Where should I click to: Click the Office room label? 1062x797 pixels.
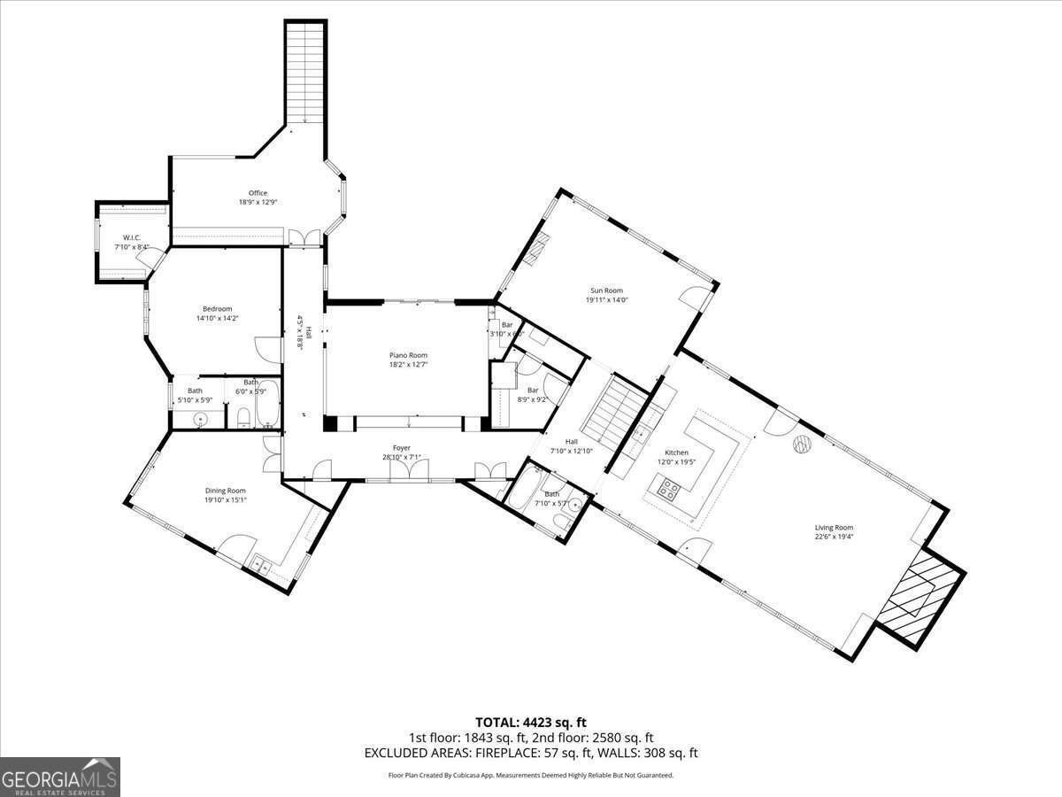tap(258, 193)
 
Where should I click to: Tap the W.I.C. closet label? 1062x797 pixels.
tap(132, 237)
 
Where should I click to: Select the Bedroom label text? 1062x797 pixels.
tap(217, 309)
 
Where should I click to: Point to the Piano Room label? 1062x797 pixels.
tap(408, 355)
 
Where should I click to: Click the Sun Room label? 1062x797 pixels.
tap(607, 290)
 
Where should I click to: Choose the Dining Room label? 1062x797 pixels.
tap(225, 491)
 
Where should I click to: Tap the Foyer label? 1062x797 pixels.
tap(402, 448)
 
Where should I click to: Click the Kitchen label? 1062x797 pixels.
tap(676, 453)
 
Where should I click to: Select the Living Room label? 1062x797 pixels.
tap(834, 528)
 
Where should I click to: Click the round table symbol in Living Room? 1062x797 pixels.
tap(802, 445)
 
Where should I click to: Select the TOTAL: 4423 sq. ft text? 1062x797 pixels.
tap(530, 722)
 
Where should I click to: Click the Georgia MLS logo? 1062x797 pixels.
tap(59, 777)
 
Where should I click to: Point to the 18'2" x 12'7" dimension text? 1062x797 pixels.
tap(408, 364)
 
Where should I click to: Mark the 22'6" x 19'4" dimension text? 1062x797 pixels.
tap(834, 537)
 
